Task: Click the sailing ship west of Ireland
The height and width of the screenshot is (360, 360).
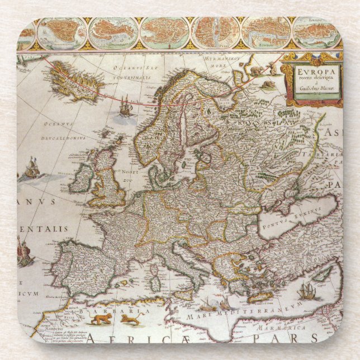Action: [31, 169]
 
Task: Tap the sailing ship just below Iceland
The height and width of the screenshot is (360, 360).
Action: [126, 107]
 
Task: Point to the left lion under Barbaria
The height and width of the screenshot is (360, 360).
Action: [101, 319]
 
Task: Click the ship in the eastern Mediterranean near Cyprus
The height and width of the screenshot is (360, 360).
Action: [306, 291]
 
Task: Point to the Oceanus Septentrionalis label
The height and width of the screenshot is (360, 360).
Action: [121, 72]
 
